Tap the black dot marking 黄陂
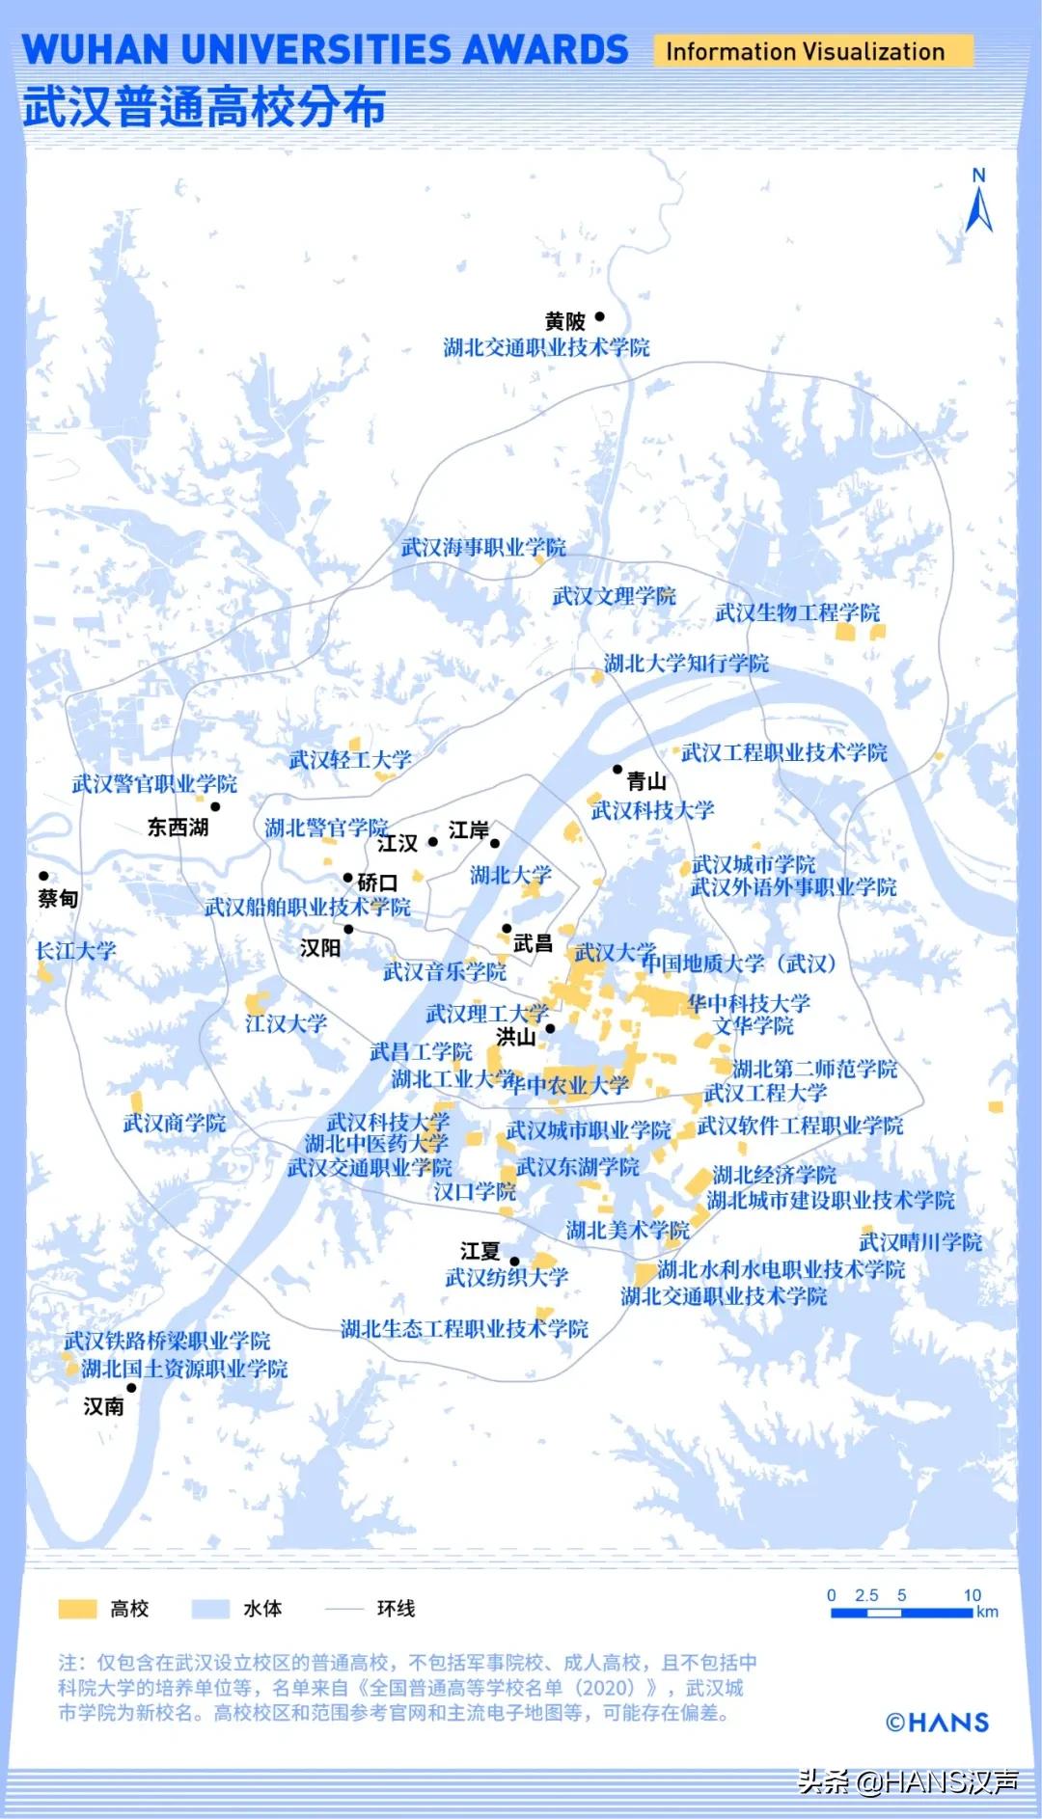(x=599, y=316)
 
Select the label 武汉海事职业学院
(x=483, y=548)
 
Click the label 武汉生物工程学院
(x=797, y=612)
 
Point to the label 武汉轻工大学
(x=350, y=760)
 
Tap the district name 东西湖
(x=178, y=827)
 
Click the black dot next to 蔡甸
(x=43, y=877)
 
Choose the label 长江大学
(x=75, y=951)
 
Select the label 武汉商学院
(x=175, y=1123)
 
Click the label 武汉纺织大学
(x=507, y=1278)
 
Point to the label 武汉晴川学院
(x=920, y=1242)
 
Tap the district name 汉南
(x=103, y=1406)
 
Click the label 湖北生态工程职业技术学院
(x=464, y=1329)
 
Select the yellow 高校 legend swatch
(x=77, y=1609)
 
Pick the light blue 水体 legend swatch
(x=210, y=1609)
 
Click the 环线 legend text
(x=396, y=1609)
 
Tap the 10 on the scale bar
(x=972, y=1595)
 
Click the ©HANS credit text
(x=937, y=1722)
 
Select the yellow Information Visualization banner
(x=812, y=51)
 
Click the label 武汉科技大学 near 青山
(x=652, y=810)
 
